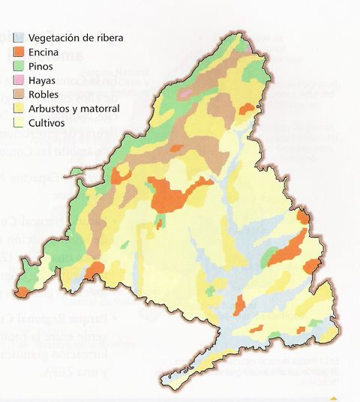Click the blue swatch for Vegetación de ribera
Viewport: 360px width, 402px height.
(x=19, y=37)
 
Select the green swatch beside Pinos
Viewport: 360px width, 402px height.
(x=19, y=65)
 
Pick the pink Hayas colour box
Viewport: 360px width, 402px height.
(x=19, y=79)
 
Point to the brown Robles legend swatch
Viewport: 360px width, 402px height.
(x=19, y=94)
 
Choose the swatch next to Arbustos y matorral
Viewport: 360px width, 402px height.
(x=19, y=108)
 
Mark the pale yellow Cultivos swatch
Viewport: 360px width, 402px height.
(x=19, y=122)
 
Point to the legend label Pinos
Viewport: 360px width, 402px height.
(x=41, y=65)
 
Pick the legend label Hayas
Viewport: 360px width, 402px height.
(x=42, y=79)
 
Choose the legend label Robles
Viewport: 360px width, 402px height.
(x=43, y=94)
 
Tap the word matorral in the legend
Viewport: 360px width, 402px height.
(x=98, y=108)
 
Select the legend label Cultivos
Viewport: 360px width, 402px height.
(x=46, y=122)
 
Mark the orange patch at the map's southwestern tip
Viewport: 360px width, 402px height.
(x=25, y=291)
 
